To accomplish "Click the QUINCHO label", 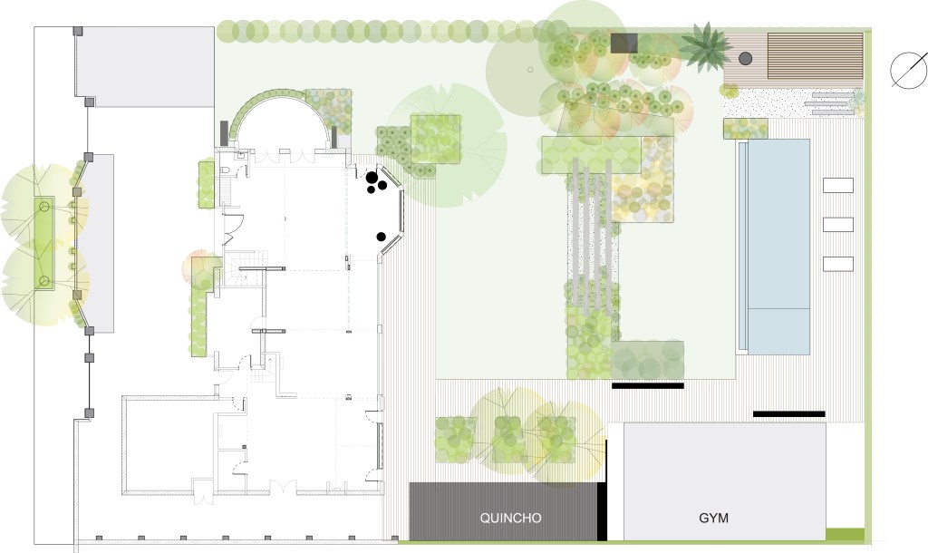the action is click(510, 518).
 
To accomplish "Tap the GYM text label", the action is click(714, 518).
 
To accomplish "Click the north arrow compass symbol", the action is click(908, 70).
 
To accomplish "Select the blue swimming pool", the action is click(774, 247).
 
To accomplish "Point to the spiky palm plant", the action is click(703, 47).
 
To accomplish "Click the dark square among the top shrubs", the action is click(623, 43).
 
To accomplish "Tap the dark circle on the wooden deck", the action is click(745, 58).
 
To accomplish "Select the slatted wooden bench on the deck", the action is click(815, 56).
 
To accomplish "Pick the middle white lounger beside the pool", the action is click(838, 225).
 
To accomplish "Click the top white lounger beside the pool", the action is click(838, 185).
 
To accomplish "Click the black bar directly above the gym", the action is click(789, 414).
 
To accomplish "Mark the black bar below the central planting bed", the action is click(647, 386).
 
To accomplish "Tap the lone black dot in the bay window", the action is click(382, 238).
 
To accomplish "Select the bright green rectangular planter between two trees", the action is click(43, 243).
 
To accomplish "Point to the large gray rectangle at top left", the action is click(145, 67).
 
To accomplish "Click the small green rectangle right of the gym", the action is click(845, 535).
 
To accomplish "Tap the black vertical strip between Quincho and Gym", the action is click(602, 511).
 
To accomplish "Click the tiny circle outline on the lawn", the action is click(530, 70).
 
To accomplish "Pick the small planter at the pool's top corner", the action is click(746, 129).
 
